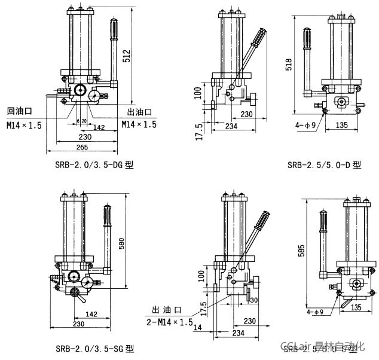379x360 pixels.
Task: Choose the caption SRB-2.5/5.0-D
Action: click(x=324, y=165)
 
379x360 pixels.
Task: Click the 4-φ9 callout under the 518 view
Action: click(x=308, y=125)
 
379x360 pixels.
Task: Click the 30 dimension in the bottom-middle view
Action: click(x=253, y=300)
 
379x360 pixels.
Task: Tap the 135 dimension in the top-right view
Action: click(x=342, y=126)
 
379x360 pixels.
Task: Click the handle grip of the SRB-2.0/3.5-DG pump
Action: click(x=113, y=34)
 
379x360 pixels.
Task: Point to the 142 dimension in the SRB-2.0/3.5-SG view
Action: click(x=91, y=313)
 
